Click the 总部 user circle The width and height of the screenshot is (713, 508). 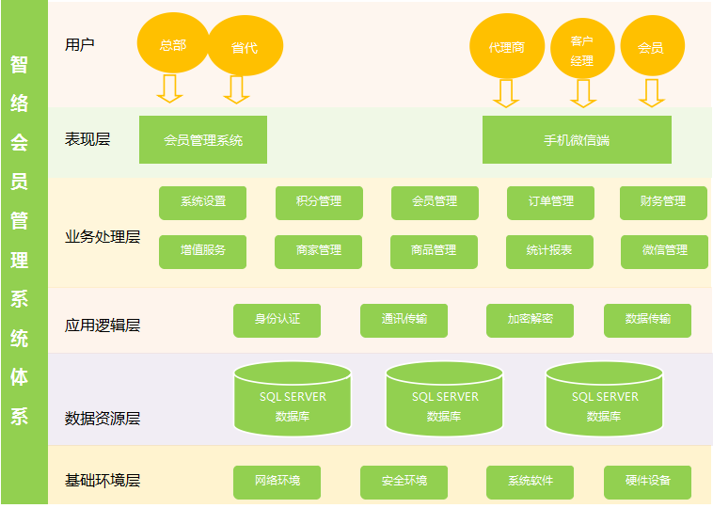pos(173,44)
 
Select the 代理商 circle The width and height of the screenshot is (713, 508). pos(507,46)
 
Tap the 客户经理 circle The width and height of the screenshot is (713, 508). pos(582,49)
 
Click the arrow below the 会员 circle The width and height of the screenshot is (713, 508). pos(651,92)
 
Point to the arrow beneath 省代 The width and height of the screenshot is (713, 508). pos(236,89)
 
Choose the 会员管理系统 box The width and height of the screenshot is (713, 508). pos(203,140)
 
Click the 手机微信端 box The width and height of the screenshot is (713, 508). pos(577,140)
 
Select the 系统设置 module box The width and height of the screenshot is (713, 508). pos(203,202)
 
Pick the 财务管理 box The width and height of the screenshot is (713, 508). pos(663,202)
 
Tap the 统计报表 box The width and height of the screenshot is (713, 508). pos(549,251)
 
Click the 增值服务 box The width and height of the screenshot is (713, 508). pos(203,251)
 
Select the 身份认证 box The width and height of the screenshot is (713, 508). pos(277,320)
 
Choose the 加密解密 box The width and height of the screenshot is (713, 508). pos(530,320)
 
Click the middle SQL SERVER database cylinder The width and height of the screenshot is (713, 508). pos(445,400)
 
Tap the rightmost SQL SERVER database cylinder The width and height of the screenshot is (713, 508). pos(604,400)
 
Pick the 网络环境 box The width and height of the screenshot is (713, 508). pos(277,482)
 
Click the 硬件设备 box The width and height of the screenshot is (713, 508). pos(647,482)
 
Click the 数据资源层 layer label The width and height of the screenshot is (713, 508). pos(103,418)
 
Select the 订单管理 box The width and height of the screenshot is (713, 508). pos(550,202)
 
